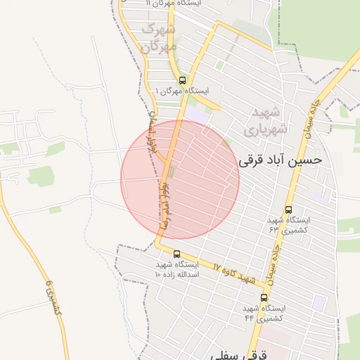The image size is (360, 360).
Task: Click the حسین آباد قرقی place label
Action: coord(281,160)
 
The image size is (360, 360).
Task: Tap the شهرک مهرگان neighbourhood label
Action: coord(159,38)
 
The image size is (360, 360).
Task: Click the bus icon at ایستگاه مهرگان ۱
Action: coord(183,80)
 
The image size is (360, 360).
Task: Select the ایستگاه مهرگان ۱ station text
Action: coord(181,91)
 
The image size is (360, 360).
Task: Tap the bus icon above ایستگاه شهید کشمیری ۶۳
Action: coord(288,210)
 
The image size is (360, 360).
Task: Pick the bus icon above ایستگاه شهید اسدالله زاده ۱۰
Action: coord(176,254)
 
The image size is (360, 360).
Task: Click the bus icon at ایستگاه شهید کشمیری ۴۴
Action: coord(264,298)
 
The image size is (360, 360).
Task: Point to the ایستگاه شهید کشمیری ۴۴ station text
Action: coord(264,313)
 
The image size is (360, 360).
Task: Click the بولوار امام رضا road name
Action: coord(166,200)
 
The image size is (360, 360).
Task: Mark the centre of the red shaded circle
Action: coord(180,180)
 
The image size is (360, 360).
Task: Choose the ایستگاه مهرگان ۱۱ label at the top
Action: coord(174,4)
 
